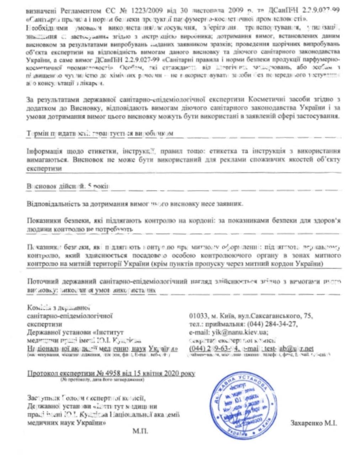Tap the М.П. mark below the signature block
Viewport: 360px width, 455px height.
[x=140, y=431]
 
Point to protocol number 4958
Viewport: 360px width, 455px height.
[x=111, y=374]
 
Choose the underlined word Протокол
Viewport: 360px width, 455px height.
[x=42, y=374]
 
